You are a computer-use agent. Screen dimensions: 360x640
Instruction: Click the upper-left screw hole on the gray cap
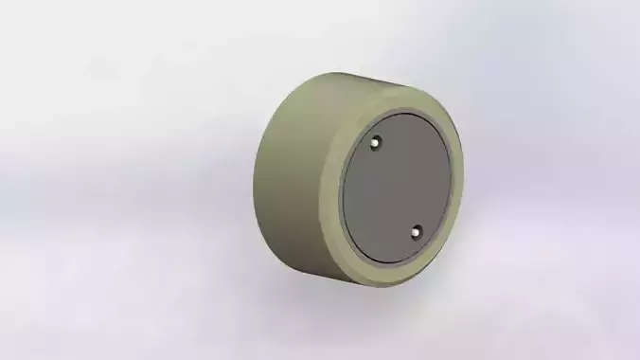pos(376,142)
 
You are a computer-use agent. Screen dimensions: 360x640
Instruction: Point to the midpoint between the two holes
pos(396,187)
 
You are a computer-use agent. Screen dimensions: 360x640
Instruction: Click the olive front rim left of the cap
pos(333,189)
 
